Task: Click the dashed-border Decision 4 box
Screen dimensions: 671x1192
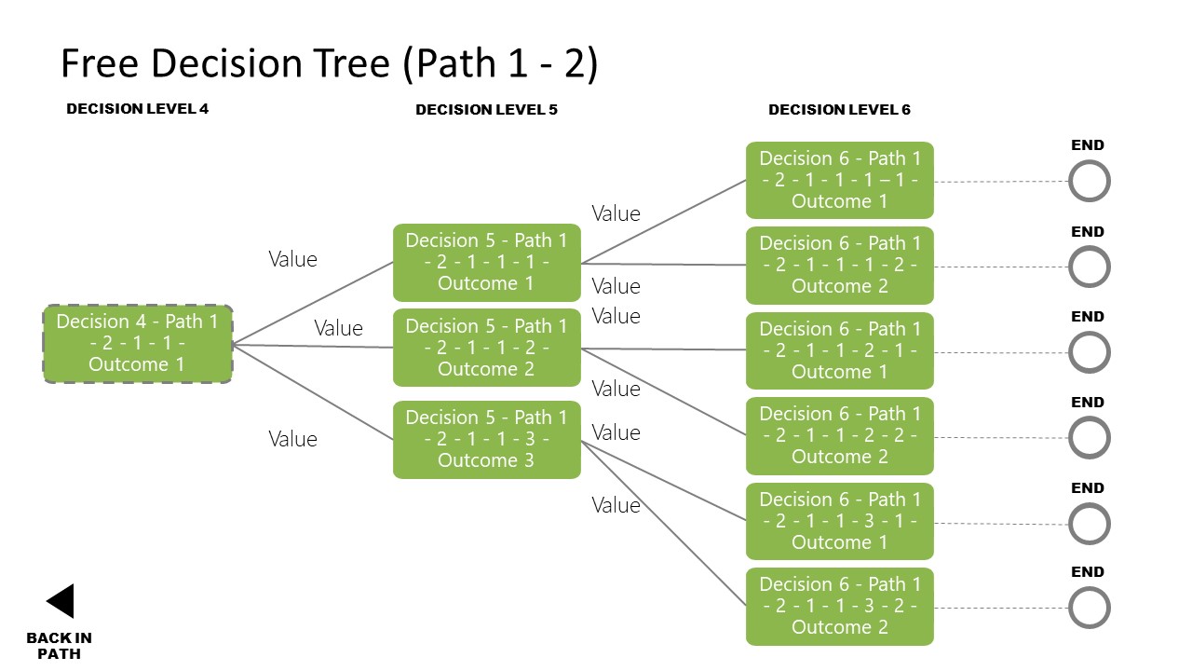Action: pyautogui.click(x=138, y=344)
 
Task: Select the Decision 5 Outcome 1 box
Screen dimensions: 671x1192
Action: pyautogui.click(x=486, y=263)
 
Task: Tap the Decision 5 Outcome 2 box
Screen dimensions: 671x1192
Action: pyautogui.click(x=486, y=348)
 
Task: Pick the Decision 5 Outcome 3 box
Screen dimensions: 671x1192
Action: pyautogui.click(x=486, y=439)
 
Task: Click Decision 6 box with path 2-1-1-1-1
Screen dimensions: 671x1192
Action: pyautogui.click(x=839, y=180)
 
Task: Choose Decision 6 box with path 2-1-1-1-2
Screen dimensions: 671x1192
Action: pyautogui.click(x=839, y=265)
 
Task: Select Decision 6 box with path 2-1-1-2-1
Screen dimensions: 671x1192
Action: pyautogui.click(x=839, y=350)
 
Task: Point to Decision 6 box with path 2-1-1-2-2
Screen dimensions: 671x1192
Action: pyautogui.click(x=839, y=435)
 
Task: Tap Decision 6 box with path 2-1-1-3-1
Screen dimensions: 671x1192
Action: pyautogui.click(x=839, y=521)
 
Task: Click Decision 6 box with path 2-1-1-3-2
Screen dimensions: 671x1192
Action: pyautogui.click(x=839, y=606)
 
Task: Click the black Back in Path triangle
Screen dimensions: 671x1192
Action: pyautogui.click(x=61, y=601)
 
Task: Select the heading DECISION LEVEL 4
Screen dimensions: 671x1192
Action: pyautogui.click(x=137, y=109)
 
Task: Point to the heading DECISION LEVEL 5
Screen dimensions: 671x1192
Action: pyautogui.click(x=486, y=110)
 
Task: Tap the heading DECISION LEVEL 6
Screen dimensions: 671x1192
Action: pyautogui.click(x=839, y=110)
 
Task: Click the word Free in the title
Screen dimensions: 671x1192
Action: pyautogui.click(x=99, y=64)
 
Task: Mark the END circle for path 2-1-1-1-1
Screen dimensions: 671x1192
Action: pyautogui.click(x=1089, y=182)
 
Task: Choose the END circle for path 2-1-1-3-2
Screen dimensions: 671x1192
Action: pyautogui.click(x=1089, y=609)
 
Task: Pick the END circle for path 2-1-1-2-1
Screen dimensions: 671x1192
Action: pyautogui.click(x=1089, y=353)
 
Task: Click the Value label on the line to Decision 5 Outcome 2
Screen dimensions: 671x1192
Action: pyautogui.click(x=338, y=328)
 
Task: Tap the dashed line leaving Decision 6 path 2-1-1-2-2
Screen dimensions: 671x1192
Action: pyautogui.click(x=1001, y=438)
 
